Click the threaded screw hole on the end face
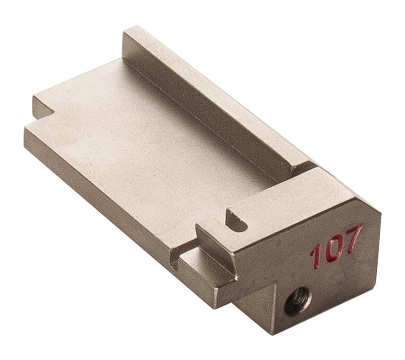coord(298,302)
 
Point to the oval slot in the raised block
coord(236,220)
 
